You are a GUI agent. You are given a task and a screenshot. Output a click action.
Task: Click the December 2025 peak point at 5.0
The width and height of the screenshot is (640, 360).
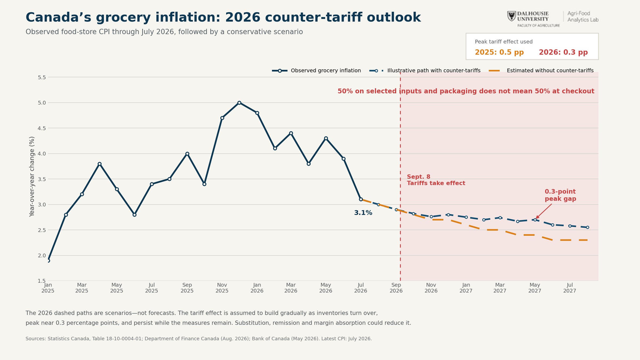coord(239,102)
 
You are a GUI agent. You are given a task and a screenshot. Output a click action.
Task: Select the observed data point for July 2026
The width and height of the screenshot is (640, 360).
coord(361,199)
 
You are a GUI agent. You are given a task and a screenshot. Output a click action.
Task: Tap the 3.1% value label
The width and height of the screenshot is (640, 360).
coord(363,213)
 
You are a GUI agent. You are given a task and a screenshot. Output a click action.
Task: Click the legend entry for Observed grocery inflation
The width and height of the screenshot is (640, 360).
coord(316,70)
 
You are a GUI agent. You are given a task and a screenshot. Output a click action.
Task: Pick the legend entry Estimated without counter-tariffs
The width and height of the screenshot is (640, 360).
coord(541,70)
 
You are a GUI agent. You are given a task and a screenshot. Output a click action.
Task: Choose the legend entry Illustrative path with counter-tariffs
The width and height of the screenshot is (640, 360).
coord(425,70)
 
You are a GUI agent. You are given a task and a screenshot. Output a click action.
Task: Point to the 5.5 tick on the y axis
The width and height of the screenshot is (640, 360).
coord(42,77)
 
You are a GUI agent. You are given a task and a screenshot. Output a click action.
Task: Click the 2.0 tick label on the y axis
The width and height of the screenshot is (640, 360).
coord(42,255)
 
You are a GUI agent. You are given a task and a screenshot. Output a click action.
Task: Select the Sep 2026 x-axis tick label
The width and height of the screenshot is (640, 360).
coord(396,287)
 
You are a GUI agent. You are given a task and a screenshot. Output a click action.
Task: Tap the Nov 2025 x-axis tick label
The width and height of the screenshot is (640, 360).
coord(222,287)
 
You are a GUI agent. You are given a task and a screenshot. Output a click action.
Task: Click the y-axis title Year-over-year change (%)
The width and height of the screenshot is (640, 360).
coord(31,177)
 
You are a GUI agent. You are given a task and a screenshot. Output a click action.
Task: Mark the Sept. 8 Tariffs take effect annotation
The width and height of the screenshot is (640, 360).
coord(436,180)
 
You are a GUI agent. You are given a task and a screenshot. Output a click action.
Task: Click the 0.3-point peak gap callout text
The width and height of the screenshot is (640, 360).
coord(561,195)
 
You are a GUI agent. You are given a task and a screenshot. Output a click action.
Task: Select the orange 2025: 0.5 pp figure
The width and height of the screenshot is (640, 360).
coord(499,52)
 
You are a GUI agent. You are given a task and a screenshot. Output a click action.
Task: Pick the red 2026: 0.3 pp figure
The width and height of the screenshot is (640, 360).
coord(563,52)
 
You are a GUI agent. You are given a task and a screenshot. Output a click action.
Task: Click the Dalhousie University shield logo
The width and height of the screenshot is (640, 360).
coord(511,16)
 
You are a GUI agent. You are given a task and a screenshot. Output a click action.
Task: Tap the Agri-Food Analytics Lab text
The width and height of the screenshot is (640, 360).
coord(583,17)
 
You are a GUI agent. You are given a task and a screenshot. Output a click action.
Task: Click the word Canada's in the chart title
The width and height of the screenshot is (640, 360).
coord(58,17)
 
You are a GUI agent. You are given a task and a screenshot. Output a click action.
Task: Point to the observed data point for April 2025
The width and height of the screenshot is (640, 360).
coord(99,164)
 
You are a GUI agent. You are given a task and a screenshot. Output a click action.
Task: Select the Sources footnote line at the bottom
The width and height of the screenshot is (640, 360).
coord(198,339)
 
